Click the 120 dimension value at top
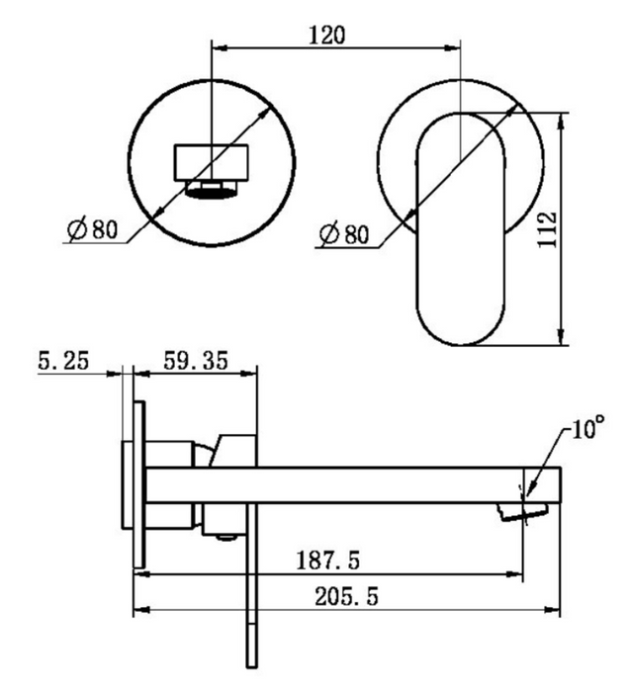[x=327, y=36]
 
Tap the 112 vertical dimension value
[x=548, y=230]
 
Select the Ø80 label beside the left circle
[x=93, y=229]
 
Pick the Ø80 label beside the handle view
[x=344, y=234]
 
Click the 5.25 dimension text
[x=63, y=360]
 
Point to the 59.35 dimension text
[x=196, y=361]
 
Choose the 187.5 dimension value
[x=328, y=561]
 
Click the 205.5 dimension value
[x=346, y=597]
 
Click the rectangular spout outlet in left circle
[x=211, y=162]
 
